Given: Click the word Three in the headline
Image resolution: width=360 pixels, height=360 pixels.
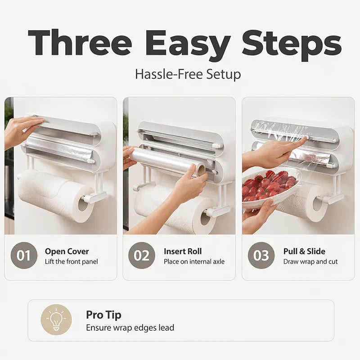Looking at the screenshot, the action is (x=80, y=43).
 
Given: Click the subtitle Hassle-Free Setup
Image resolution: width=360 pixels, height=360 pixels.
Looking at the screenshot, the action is (x=188, y=74).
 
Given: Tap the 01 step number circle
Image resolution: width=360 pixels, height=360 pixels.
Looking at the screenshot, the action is (x=24, y=255).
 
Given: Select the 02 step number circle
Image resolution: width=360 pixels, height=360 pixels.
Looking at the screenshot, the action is (x=142, y=255).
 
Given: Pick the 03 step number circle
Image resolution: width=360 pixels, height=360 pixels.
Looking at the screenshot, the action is (x=261, y=255).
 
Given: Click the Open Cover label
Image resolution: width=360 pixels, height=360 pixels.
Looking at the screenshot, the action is (x=67, y=252).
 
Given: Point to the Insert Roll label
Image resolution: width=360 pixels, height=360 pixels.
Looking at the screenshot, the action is (x=183, y=251).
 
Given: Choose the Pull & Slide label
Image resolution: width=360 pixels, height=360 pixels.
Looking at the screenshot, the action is (x=304, y=251).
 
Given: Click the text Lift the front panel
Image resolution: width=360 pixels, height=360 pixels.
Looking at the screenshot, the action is (x=72, y=261).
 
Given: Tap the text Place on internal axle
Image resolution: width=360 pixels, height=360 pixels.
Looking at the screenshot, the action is (x=194, y=261).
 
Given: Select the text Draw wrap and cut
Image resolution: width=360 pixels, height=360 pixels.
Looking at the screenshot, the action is (x=310, y=261).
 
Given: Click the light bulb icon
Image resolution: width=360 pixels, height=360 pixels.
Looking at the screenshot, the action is (x=56, y=319).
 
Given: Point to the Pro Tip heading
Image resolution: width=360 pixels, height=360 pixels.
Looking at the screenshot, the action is (x=103, y=315).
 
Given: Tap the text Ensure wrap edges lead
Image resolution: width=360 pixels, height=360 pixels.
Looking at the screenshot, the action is (x=130, y=328).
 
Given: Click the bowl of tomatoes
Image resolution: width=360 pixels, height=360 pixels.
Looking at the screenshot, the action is (x=271, y=188).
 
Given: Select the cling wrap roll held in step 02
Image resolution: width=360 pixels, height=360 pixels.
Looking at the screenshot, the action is (x=167, y=162).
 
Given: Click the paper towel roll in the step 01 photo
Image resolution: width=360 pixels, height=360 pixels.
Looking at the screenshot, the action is (x=56, y=195).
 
